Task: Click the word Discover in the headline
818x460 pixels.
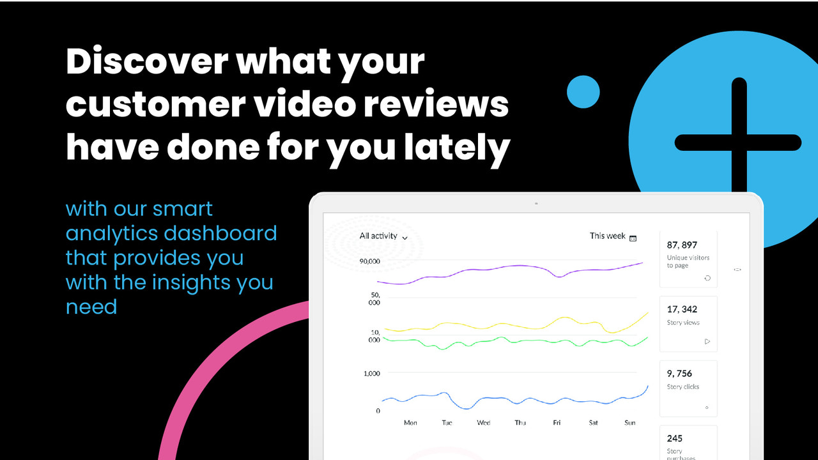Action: point(146,62)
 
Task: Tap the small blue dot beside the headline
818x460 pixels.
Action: point(583,91)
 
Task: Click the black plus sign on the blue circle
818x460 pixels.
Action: point(739,142)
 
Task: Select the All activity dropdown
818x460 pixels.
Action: point(383,236)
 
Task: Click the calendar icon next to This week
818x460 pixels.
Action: point(633,238)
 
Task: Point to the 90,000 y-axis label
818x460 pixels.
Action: point(369,261)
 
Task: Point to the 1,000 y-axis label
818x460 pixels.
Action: point(371,373)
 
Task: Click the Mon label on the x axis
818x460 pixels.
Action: point(410,423)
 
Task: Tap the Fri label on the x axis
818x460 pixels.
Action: point(557,423)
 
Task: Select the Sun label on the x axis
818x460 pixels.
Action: point(629,423)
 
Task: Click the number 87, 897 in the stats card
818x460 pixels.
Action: point(682,245)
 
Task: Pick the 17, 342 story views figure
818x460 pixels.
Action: point(682,309)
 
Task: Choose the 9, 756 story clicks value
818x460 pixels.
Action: point(679,374)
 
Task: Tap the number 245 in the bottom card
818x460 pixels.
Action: point(674,438)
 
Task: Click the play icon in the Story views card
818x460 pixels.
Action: point(707,341)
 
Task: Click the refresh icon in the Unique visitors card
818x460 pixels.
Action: point(707,278)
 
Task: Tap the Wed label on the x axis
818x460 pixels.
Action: point(484,423)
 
